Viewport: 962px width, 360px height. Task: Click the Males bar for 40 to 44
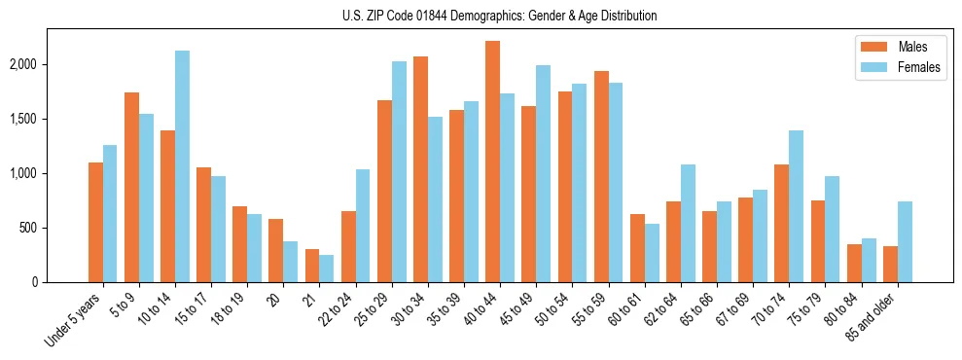pos(493,162)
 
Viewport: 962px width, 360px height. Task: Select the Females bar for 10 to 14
pos(183,166)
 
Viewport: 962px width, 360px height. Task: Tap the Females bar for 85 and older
pos(906,241)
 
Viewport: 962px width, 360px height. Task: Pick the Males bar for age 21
pos(312,266)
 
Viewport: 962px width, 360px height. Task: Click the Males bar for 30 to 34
pos(420,169)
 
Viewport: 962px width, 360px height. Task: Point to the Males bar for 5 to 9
pos(131,187)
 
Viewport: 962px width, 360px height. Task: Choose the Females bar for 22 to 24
pos(363,226)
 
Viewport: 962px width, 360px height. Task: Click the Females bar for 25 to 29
pos(399,171)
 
